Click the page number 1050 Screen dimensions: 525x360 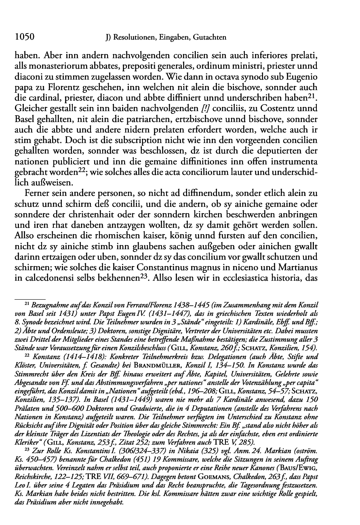click(24, 38)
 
